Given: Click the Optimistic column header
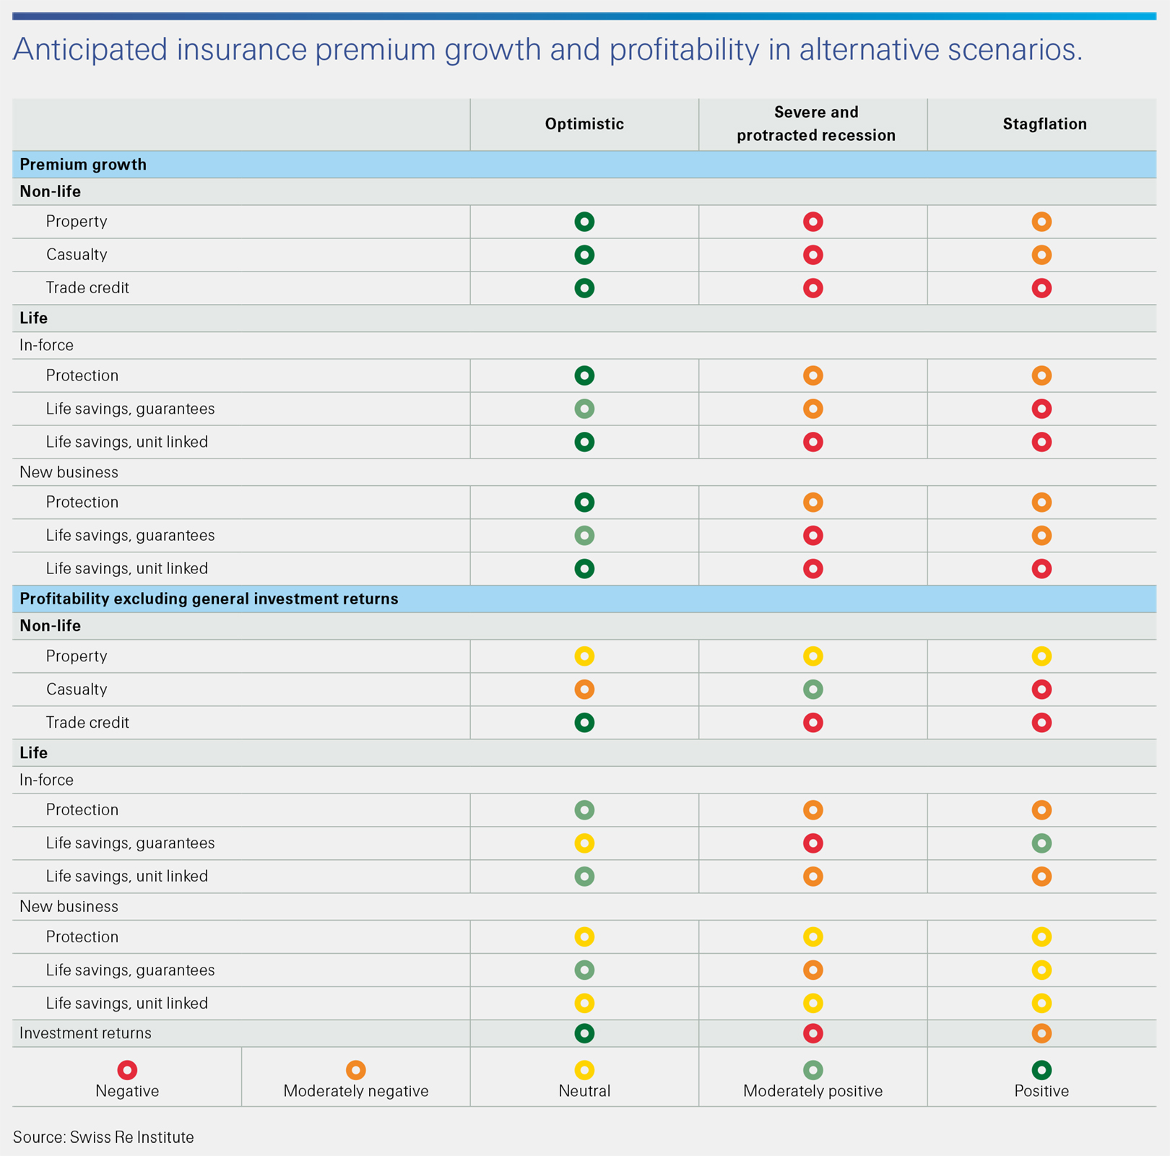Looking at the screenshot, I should [584, 124].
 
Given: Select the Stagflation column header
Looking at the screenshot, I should [1044, 124].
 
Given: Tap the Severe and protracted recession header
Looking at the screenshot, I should [815, 123].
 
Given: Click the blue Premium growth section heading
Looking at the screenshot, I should [83, 165].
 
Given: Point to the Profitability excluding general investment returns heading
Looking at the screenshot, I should [209, 599].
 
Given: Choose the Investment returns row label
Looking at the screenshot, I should [85, 1033].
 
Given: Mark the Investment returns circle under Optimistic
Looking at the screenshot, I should [584, 1033].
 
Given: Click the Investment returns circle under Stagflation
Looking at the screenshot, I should [1041, 1033].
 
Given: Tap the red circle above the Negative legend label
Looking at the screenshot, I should [127, 1070].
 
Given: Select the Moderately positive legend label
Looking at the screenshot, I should [812, 1091].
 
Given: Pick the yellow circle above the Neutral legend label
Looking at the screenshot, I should [584, 1070].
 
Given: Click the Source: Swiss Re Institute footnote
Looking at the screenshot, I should [103, 1137].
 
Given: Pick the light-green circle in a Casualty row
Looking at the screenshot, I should [813, 690].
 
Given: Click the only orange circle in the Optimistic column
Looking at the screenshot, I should [584, 690].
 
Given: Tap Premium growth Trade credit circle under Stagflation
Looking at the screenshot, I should [1041, 288].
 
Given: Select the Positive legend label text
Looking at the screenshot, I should [1041, 1091].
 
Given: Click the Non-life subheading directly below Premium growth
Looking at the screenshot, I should [50, 192].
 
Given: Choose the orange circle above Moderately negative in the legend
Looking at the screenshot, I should [355, 1070].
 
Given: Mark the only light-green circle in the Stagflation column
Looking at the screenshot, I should [1041, 843].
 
